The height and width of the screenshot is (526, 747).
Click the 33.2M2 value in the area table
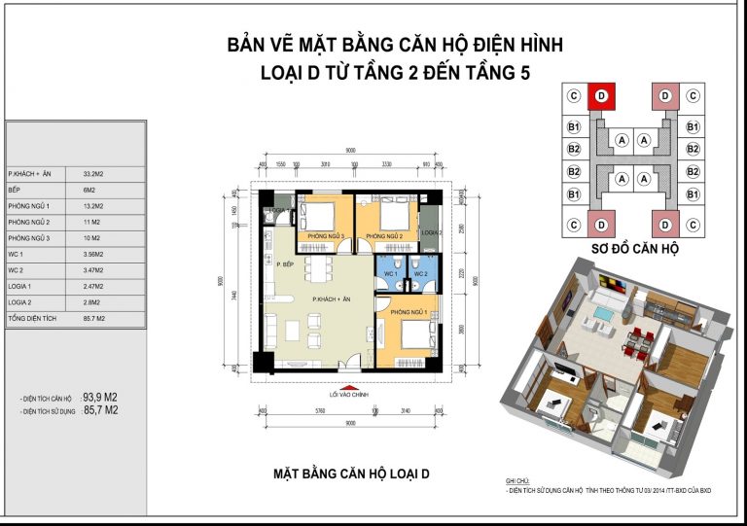94,172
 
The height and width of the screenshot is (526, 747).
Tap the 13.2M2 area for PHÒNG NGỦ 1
94,205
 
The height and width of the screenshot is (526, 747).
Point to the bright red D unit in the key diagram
601,95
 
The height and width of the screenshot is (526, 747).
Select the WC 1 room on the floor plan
389,274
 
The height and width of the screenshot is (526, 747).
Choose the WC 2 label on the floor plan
420,274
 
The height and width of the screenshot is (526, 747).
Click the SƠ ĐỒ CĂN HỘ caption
635,250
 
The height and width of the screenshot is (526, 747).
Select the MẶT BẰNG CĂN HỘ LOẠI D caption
351,474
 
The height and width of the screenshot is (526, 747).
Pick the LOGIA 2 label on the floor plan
432,233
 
